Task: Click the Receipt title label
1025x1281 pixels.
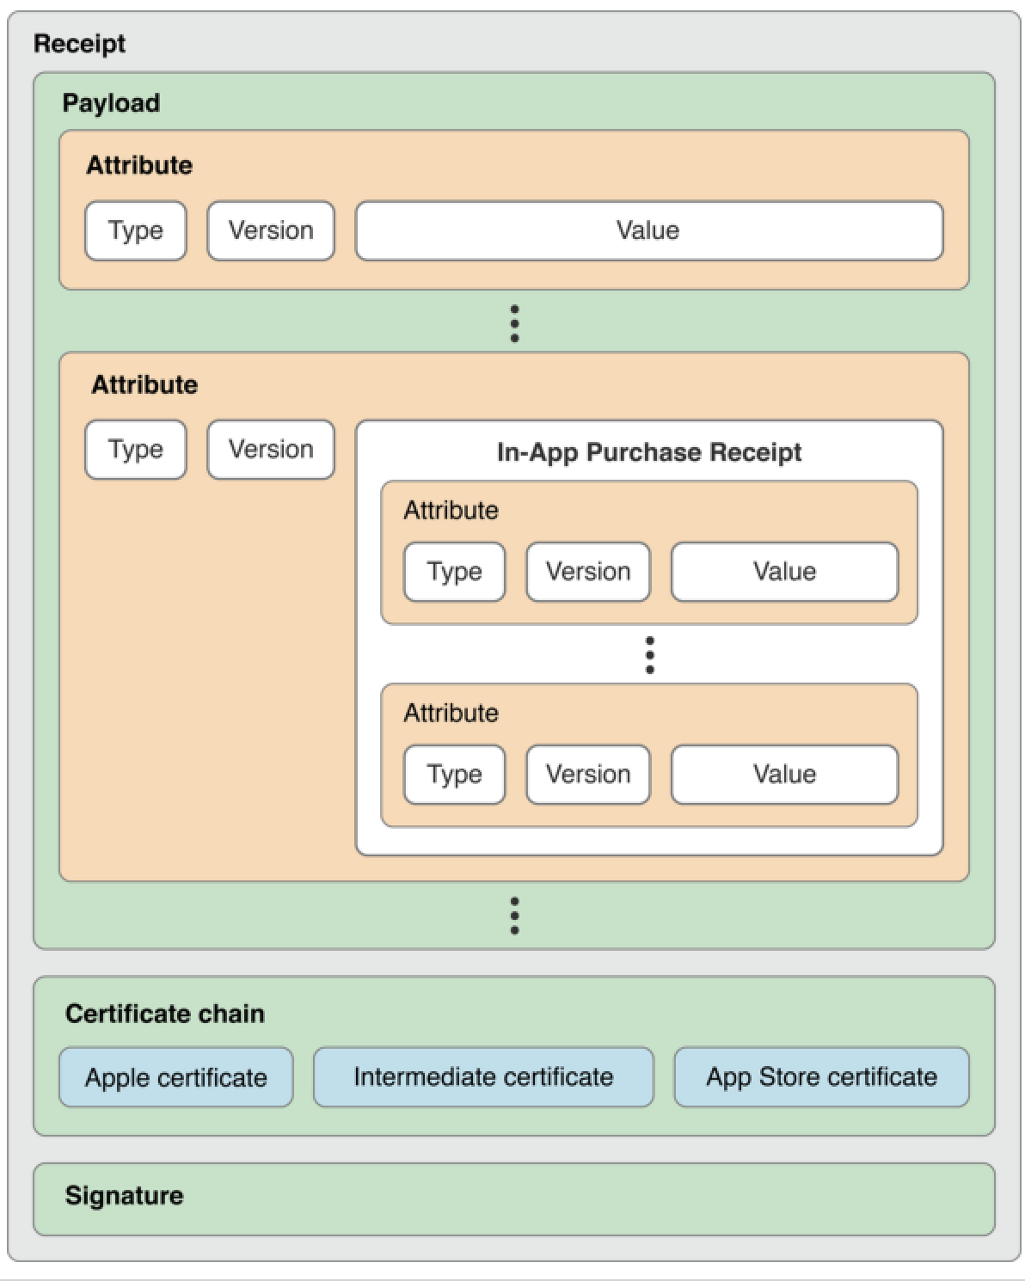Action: click(79, 44)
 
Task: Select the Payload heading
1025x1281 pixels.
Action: click(112, 103)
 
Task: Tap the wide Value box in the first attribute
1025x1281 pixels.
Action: click(648, 230)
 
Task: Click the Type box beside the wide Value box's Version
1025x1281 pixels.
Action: click(136, 230)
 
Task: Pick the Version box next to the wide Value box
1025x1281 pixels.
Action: click(271, 230)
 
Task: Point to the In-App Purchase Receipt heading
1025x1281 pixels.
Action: click(649, 452)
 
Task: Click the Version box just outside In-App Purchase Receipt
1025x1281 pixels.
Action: click(271, 450)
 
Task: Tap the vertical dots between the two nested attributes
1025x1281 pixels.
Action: click(650, 655)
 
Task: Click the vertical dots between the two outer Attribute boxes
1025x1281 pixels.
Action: click(514, 323)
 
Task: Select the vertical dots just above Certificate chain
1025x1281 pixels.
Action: click(514, 916)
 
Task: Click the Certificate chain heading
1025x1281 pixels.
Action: click(165, 1013)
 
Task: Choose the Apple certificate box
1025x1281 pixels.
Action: click(175, 1077)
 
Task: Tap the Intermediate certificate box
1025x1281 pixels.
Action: click(483, 1077)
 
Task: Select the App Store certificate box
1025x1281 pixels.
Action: click(822, 1077)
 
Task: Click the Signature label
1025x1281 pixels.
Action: click(124, 1195)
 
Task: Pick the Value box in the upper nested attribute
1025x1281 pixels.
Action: click(785, 572)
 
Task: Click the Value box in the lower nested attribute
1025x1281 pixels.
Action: click(785, 775)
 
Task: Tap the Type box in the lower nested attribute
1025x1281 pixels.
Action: click(454, 775)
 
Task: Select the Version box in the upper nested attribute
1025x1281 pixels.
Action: click(588, 572)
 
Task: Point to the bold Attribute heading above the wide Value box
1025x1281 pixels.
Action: click(139, 165)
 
